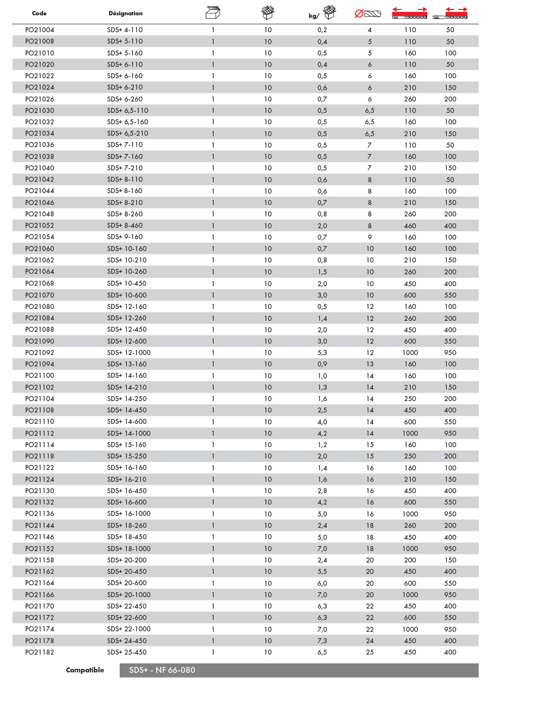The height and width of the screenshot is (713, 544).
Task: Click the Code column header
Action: [39, 13]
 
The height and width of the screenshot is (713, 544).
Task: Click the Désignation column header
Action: [126, 13]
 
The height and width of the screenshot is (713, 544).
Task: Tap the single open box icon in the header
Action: [213, 13]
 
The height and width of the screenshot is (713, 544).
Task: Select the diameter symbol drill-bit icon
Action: [368, 14]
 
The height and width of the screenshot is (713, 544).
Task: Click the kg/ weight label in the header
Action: [314, 16]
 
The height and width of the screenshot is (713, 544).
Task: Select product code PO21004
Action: [40, 30]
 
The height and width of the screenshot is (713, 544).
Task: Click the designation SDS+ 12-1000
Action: [129, 353]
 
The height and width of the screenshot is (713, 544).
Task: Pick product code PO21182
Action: [40, 652]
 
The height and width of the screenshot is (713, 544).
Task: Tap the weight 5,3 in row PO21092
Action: [322, 353]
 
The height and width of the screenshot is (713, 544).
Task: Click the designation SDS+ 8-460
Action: [125, 225]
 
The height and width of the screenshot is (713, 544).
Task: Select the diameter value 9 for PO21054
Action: [369, 237]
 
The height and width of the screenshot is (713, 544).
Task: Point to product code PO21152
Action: [40, 549]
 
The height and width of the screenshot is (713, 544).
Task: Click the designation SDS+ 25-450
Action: [127, 652]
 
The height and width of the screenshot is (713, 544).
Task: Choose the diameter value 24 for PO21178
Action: [369, 641]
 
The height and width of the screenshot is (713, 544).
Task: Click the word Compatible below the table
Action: [85, 670]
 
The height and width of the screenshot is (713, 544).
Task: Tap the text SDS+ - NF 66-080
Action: [162, 670]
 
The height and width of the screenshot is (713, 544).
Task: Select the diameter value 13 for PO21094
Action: [369, 364]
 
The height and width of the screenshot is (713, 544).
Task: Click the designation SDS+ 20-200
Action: [127, 560]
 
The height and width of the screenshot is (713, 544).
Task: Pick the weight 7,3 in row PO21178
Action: [322, 641]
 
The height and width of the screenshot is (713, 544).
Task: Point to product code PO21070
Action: [40, 295]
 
